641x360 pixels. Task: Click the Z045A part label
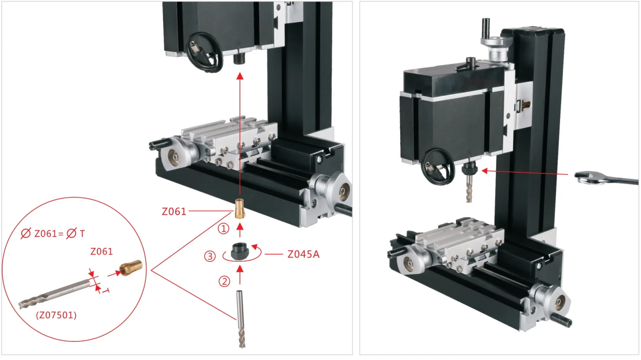[304, 254]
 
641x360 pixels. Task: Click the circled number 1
[224, 229]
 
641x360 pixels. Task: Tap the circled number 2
[224, 281]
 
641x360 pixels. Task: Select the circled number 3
[210, 256]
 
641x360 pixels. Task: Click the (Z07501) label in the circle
[57, 315]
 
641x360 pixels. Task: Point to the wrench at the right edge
[606, 179]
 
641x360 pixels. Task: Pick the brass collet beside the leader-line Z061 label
[239, 209]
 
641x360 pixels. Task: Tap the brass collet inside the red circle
[131, 268]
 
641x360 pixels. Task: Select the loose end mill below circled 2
[240, 319]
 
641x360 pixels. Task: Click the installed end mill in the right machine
[469, 189]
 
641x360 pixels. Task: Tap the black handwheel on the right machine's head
[438, 167]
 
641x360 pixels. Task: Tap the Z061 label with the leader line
[174, 211]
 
